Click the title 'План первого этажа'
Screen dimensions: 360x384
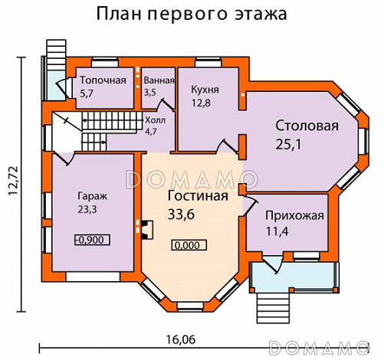click(x=192, y=14)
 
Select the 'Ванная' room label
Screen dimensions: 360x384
click(x=159, y=80)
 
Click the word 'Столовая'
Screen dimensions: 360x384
click(x=307, y=126)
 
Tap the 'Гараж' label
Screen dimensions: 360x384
click(x=91, y=195)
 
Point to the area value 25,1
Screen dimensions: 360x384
click(x=290, y=144)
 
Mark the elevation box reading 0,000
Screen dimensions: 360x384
click(x=187, y=246)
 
